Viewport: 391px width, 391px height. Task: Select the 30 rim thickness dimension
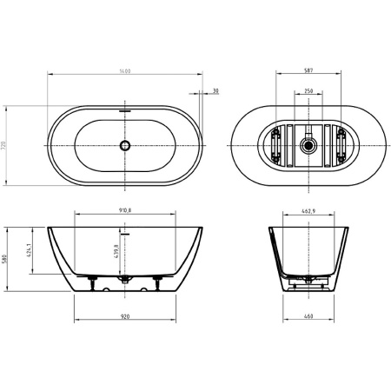215,89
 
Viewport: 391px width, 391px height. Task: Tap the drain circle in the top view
124,147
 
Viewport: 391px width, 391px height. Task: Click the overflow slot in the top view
124,112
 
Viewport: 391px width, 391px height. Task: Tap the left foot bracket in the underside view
275,147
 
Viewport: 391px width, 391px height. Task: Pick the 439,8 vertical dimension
117,254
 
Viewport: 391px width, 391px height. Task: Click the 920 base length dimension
124,317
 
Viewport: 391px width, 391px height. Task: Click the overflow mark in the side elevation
124,233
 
